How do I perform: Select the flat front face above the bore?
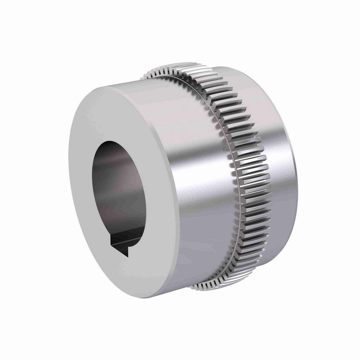[120, 111]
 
